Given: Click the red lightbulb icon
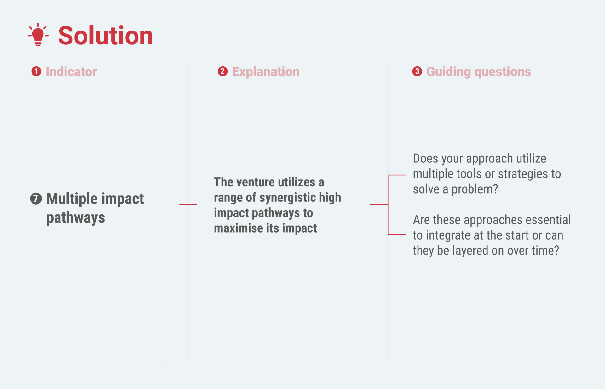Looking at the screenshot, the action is coord(38,35).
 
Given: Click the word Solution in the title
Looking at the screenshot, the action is coord(106,36).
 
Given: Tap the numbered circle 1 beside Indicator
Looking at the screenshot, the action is coord(36,71).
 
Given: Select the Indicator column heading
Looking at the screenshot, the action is coord(71,72).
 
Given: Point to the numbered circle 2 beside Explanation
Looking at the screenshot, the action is coord(222,71).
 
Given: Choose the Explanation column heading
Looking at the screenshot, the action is coord(266,72).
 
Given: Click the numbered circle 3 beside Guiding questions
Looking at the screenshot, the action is coord(417,71).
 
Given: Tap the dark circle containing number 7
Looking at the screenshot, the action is coord(36,199).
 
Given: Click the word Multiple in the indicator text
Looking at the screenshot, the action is coord(72,199).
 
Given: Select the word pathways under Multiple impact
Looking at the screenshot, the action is coord(76,218).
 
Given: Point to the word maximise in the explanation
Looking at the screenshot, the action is coord(239,228).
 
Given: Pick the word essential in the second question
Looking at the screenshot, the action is coord(548,220).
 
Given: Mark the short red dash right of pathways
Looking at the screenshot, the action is coord(188,205).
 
